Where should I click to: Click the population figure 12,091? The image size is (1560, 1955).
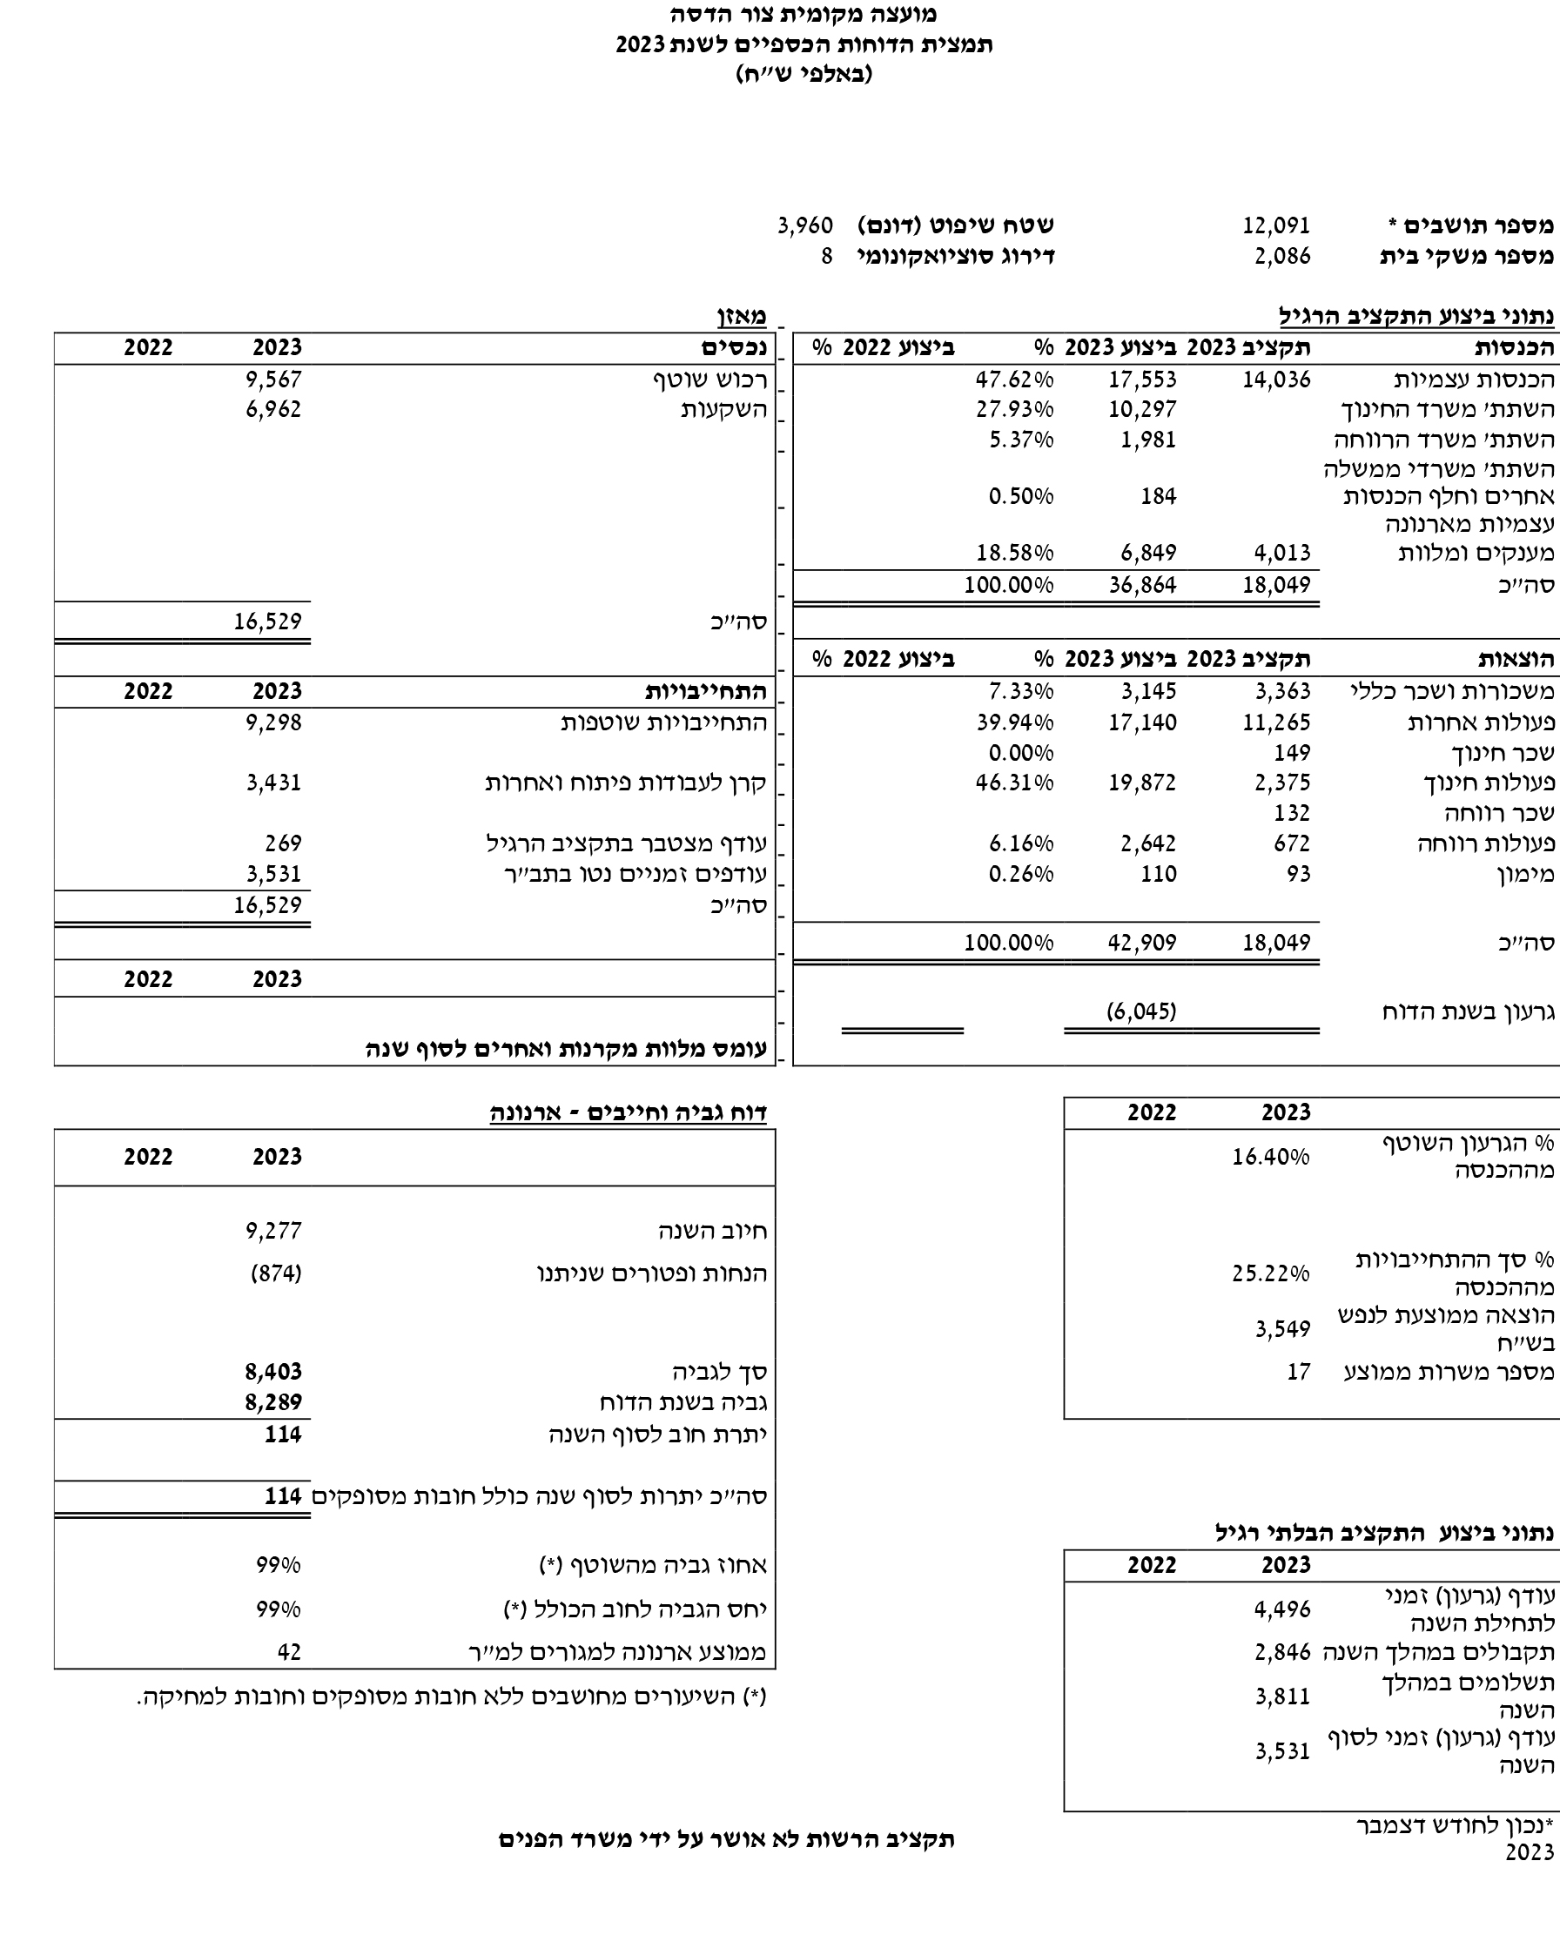[x=1276, y=225]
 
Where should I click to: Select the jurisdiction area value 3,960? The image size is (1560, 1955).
[x=804, y=225]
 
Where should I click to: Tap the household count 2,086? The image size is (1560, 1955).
[x=1282, y=256]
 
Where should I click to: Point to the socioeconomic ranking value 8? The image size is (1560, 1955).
[x=826, y=256]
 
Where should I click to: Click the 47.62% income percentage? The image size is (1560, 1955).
[x=1014, y=379]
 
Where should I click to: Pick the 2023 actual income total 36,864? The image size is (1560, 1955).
[x=1142, y=584]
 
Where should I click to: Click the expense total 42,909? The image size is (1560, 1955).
[x=1142, y=942]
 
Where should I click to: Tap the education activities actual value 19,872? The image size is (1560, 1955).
[x=1142, y=783]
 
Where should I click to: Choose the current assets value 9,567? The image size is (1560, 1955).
[x=273, y=379]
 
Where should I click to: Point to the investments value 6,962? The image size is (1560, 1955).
[x=273, y=409]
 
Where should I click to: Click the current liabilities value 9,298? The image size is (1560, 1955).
[x=273, y=722]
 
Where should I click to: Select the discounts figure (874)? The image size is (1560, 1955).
[x=276, y=1273]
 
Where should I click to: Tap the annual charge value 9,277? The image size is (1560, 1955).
[x=273, y=1231]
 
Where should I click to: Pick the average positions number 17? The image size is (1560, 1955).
[x=1298, y=1372]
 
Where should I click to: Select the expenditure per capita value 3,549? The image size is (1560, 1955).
[x=1282, y=1329]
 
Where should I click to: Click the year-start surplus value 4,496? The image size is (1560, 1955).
[x=1282, y=1609]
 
